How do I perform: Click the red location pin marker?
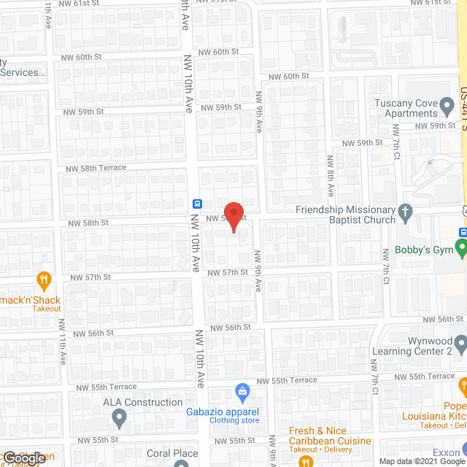pos(233,216)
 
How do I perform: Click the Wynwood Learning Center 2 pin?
pos(460,342)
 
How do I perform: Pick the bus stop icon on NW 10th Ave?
pos(197,204)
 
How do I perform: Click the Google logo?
pos(24,458)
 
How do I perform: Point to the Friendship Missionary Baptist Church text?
pos(344,215)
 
